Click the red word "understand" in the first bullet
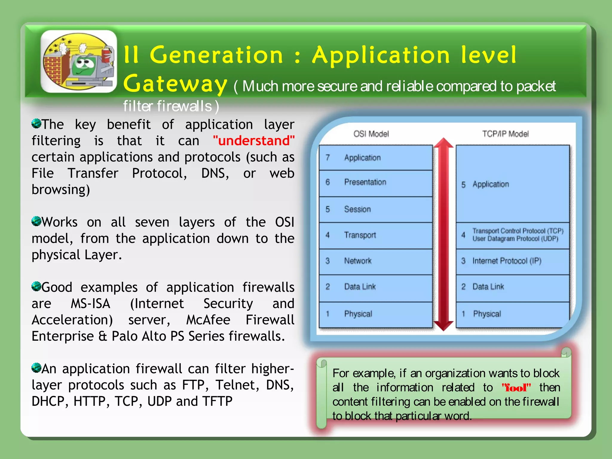254,141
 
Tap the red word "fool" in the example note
516,388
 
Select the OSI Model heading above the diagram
371,134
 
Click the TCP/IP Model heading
505,134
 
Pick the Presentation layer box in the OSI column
376,183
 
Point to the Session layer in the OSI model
376,209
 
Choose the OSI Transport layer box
376,235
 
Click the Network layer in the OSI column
376,261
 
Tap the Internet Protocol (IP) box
512,261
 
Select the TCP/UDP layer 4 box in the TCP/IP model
512,235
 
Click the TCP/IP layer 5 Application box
512,184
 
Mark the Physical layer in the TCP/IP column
512,314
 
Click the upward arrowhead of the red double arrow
444,143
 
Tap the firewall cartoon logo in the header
79,62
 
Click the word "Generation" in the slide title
216,55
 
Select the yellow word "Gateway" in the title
175,84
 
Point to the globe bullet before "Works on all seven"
36,221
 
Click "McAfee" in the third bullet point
208,320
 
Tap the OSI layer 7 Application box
376,157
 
